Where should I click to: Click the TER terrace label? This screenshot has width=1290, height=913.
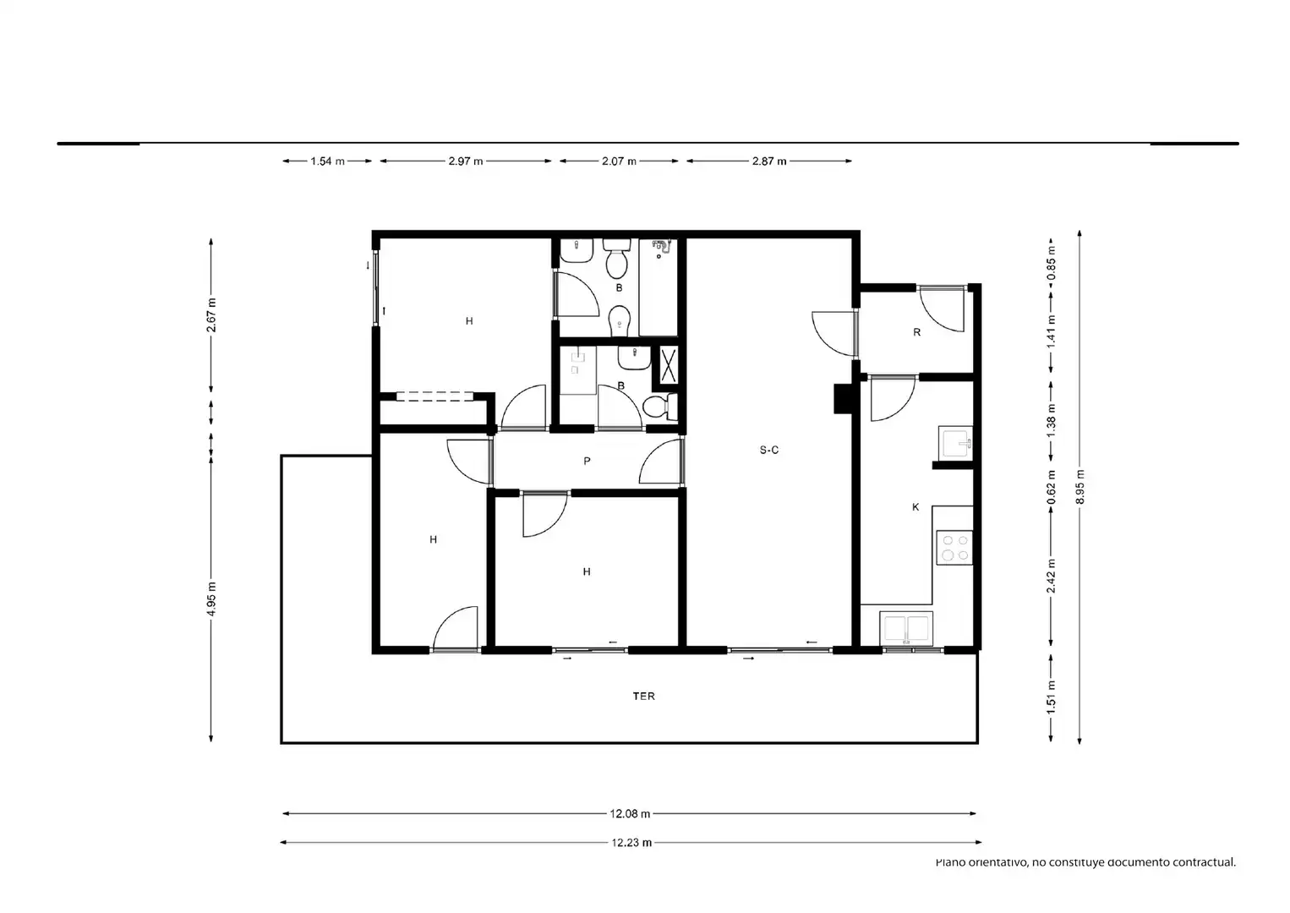click(643, 697)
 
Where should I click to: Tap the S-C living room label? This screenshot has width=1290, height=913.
click(768, 450)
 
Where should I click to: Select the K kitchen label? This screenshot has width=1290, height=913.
click(916, 507)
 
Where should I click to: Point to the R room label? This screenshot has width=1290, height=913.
click(917, 331)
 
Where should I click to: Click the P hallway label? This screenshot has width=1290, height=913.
click(587, 461)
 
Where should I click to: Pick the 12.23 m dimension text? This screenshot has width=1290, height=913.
click(631, 843)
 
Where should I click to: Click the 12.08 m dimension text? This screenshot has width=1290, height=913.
click(630, 814)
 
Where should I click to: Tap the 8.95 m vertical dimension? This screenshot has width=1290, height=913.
click(1080, 487)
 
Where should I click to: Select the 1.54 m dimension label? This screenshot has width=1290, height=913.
click(327, 161)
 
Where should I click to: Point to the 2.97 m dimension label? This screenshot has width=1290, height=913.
click(465, 161)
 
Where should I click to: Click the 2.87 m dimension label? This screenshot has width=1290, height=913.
click(768, 161)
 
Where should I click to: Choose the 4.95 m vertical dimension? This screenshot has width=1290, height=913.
click(211, 599)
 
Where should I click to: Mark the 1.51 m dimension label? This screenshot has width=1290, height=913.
click(1051, 697)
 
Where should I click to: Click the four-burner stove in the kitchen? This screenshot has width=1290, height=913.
click(954, 548)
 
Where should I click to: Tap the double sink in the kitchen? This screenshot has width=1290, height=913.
click(906, 628)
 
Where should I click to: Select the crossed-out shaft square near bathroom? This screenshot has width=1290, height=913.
click(668, 364)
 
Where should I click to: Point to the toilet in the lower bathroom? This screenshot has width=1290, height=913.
click(660, 407)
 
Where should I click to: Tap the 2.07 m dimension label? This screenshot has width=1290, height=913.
click(619, 161)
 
